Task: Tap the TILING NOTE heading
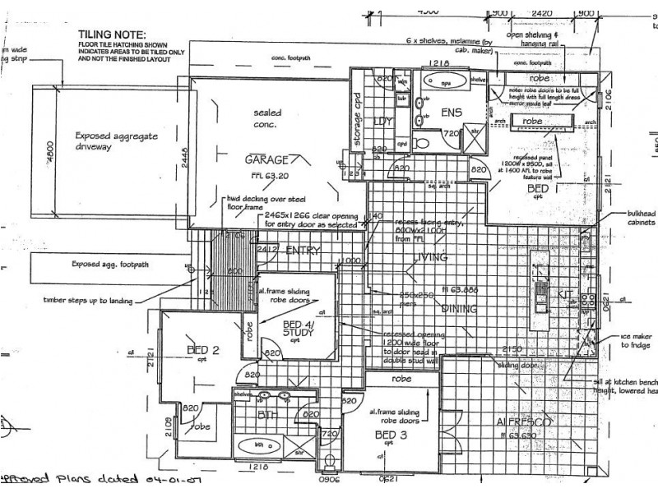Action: click(x=111, y=34)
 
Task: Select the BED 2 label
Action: click(x=203, y=350)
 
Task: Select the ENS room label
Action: click(x=452, y=113)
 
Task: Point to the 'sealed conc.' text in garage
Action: click(x=268, y=117)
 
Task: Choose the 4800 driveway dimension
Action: click(x=49, y=152)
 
